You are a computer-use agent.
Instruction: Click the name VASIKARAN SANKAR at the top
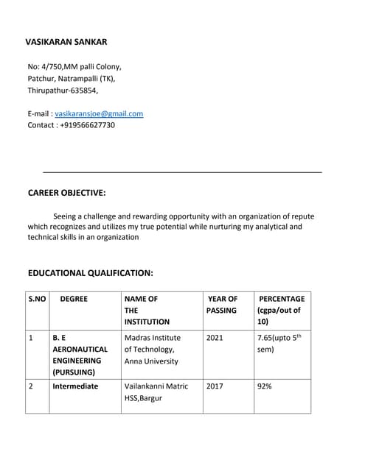[66, 42]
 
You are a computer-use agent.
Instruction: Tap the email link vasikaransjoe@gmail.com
[99, 113]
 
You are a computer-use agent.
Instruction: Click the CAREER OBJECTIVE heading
[66, 193]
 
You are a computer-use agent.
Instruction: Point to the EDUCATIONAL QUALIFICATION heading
[90, 273]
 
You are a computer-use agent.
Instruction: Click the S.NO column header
[37, 300]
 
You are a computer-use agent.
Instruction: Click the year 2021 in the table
[215, 338]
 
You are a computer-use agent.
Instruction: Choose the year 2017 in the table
[215, 386]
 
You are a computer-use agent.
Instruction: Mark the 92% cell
[264, 386]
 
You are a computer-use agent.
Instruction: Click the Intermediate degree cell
[75, 386]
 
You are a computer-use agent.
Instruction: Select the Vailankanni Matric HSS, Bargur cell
[156, 392]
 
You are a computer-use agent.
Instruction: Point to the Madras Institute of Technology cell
[153, 349]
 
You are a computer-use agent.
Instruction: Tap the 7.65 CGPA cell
[279, 343]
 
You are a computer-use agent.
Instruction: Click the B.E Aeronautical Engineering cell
[80, 355]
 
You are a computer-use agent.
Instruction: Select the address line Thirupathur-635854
[62, 91]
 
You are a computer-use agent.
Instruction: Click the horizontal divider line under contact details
[182, 171]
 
